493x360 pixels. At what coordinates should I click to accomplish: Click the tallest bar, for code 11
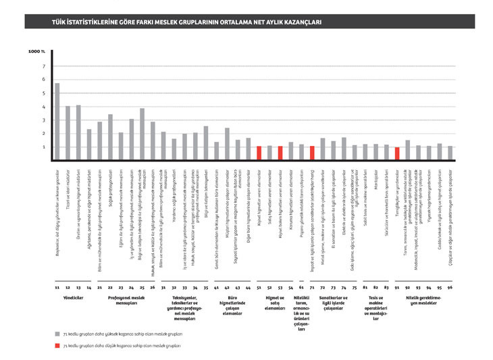point(57,122)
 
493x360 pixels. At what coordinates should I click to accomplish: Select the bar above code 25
point(142,134)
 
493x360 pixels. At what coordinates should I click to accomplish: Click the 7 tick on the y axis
point(44,66)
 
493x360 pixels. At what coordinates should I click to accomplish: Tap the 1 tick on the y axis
point(44,147)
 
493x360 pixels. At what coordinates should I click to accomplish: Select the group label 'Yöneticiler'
point(73,297)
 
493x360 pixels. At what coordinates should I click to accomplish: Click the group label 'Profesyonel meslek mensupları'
point(127,299)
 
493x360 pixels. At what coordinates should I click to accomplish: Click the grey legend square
point(57,333)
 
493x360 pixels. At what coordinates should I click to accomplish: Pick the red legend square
point(57,344)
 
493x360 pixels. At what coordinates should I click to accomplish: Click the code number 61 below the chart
point(301,288)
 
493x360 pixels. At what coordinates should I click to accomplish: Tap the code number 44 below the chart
point(249,288)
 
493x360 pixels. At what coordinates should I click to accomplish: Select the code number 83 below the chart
point(386,288)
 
